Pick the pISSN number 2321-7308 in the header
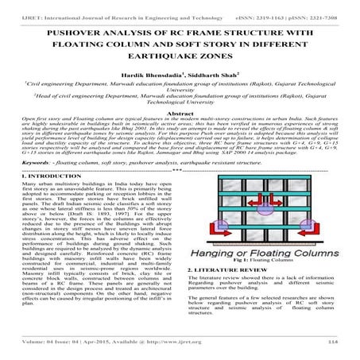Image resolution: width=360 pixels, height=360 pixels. click(323, 6)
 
